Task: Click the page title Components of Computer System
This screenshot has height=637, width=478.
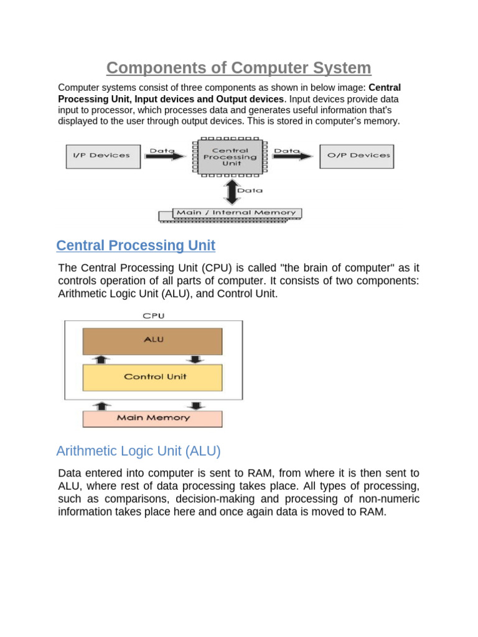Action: tap(238, 68)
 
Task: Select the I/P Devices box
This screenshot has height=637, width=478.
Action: tap(103, 156)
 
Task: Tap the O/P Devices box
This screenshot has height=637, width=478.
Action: tap(357, 156)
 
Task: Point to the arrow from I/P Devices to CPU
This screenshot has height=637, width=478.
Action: tap(167, 156)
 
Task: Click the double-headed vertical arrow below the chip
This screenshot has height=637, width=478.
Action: tap(232, 192)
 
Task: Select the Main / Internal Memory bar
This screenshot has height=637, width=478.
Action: tap(236, 213)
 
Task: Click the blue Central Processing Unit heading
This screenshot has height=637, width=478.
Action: tap(136, 246)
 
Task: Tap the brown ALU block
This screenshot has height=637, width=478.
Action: tap(152, 341)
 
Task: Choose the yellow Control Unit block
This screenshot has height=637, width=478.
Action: tap(152, 377)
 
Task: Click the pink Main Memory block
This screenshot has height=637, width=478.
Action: tap(152, 418)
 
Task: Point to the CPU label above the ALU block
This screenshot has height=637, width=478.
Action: tap(153, 316)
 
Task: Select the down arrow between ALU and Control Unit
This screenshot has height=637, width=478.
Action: tap(195, 360)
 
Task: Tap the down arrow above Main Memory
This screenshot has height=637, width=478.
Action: tap(195, 406)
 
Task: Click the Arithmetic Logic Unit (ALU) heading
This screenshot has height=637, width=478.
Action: tap(138, 450)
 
